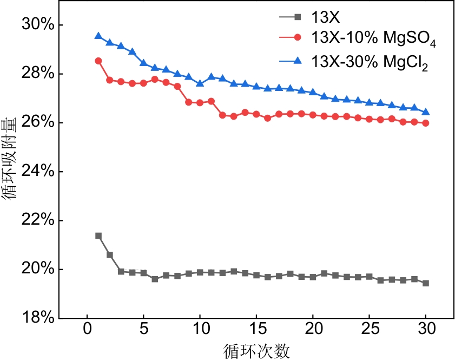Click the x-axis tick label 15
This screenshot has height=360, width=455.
pyautogui.click(x=256, y=330)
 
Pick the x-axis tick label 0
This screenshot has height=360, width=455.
pyautogui.click(x=87, y=330)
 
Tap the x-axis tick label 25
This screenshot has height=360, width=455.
pyautogui.click(x=370, y=330)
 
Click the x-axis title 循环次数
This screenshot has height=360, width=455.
pyautogui.click(x=256, y=351)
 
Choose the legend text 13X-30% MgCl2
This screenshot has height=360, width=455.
pyautogui.click(x=370, y=63)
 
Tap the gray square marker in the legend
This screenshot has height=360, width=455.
pyautogui.click(x=296, y=17)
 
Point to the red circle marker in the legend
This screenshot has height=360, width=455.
pyautogui.click(x=296, y=39)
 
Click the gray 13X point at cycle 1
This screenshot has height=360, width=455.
pyautogui.click(x=98, y=235)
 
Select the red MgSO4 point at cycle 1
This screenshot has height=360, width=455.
pyautogui.click(x=98, y=61)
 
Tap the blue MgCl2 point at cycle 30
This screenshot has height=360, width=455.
pyautogui.click(x=426, y=112)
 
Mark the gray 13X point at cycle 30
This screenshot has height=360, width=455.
pyautogui.click(x=426, y=283)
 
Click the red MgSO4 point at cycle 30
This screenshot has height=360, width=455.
pyautogui.click(x=426, y=123)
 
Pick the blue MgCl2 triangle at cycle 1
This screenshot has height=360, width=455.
pyautogui.click(x=98, y=36)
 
